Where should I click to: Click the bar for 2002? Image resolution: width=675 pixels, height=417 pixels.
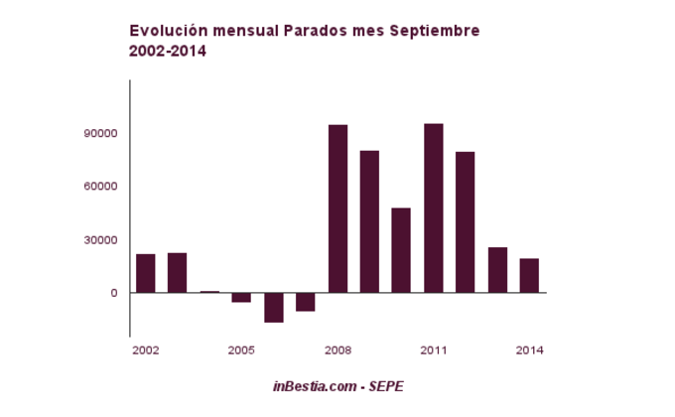tap(146, 273)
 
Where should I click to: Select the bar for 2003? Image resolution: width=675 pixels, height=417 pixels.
tap(178, 272)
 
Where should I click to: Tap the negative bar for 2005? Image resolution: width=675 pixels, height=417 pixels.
tap(241, 297)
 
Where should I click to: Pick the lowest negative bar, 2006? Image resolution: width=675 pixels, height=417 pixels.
tap(274, 307)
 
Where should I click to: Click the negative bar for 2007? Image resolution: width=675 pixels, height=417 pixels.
tap(306, 302)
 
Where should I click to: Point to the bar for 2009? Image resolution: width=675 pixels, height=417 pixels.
tap(369, 221)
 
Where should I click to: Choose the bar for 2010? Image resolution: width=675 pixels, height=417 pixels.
tap(401, 250)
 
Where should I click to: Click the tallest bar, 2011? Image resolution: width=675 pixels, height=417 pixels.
tap(433, 208)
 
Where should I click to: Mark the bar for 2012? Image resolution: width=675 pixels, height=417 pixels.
tap(466, 222)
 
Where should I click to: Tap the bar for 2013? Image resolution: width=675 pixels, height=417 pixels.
tap(497, 270)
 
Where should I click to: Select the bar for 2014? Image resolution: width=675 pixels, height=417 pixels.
tap(529, 275)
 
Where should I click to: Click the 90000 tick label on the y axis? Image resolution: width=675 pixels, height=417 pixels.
tap(102, 133)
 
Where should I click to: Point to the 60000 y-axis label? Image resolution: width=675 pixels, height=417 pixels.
tap(102, 187)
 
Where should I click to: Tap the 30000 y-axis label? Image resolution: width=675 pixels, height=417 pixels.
tap(102, 239)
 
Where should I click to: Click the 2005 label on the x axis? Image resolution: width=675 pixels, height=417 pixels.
tap(241, 350)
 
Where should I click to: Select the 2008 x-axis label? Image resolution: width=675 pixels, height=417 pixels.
tap(337, 350)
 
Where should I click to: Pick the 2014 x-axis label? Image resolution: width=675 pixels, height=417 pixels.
tap(529, 350)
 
